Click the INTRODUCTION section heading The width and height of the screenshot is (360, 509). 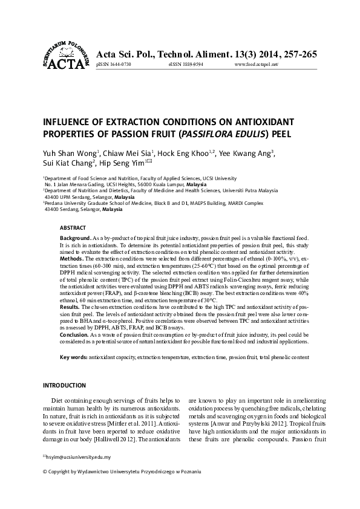click(66, 385)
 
